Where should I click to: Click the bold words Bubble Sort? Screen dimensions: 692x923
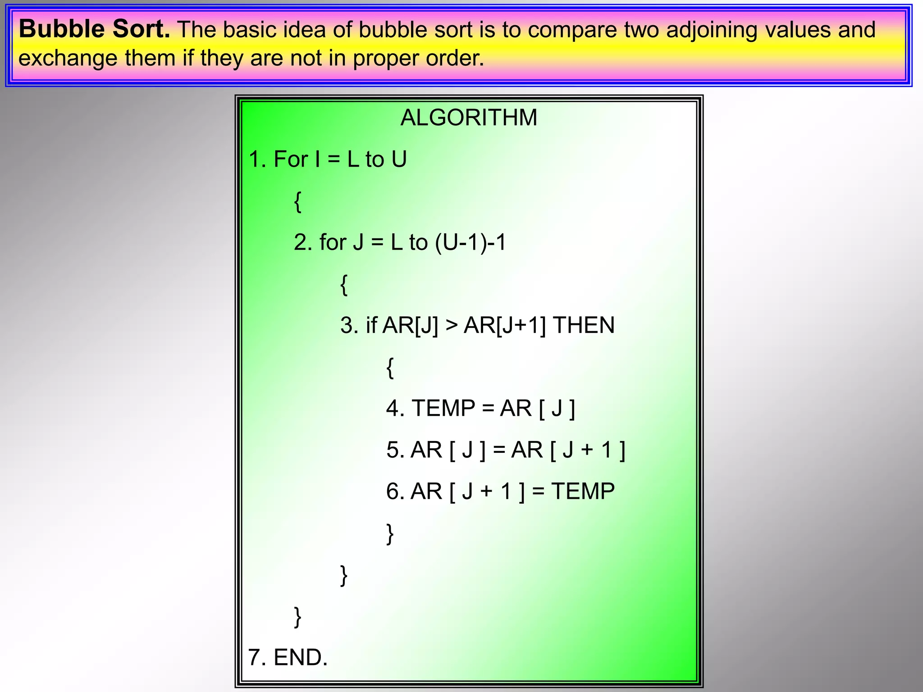tap(94, 30)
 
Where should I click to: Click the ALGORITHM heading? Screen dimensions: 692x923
tap(469, 118)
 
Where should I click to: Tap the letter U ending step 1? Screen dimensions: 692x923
tap(399, 159)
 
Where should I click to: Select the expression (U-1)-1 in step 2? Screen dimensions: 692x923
tap(471, 242)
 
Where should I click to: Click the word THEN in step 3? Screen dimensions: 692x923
tap(584, 325)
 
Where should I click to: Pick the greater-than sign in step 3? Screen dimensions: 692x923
tap(451, 325)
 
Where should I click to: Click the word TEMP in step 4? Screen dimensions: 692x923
tap(443, 408)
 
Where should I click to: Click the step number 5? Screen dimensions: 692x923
tap(395, 450)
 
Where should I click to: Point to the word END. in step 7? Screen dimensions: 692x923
tap(300, 657)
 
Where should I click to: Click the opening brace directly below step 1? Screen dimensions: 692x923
tap(297, 201)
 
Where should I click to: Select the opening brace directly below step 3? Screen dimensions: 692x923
tap(390, 368)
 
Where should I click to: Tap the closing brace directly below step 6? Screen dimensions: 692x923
tap(390, 533)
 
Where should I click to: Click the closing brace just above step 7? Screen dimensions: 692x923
tap(297, 616)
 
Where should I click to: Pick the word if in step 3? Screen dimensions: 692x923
tap(371, 325)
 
